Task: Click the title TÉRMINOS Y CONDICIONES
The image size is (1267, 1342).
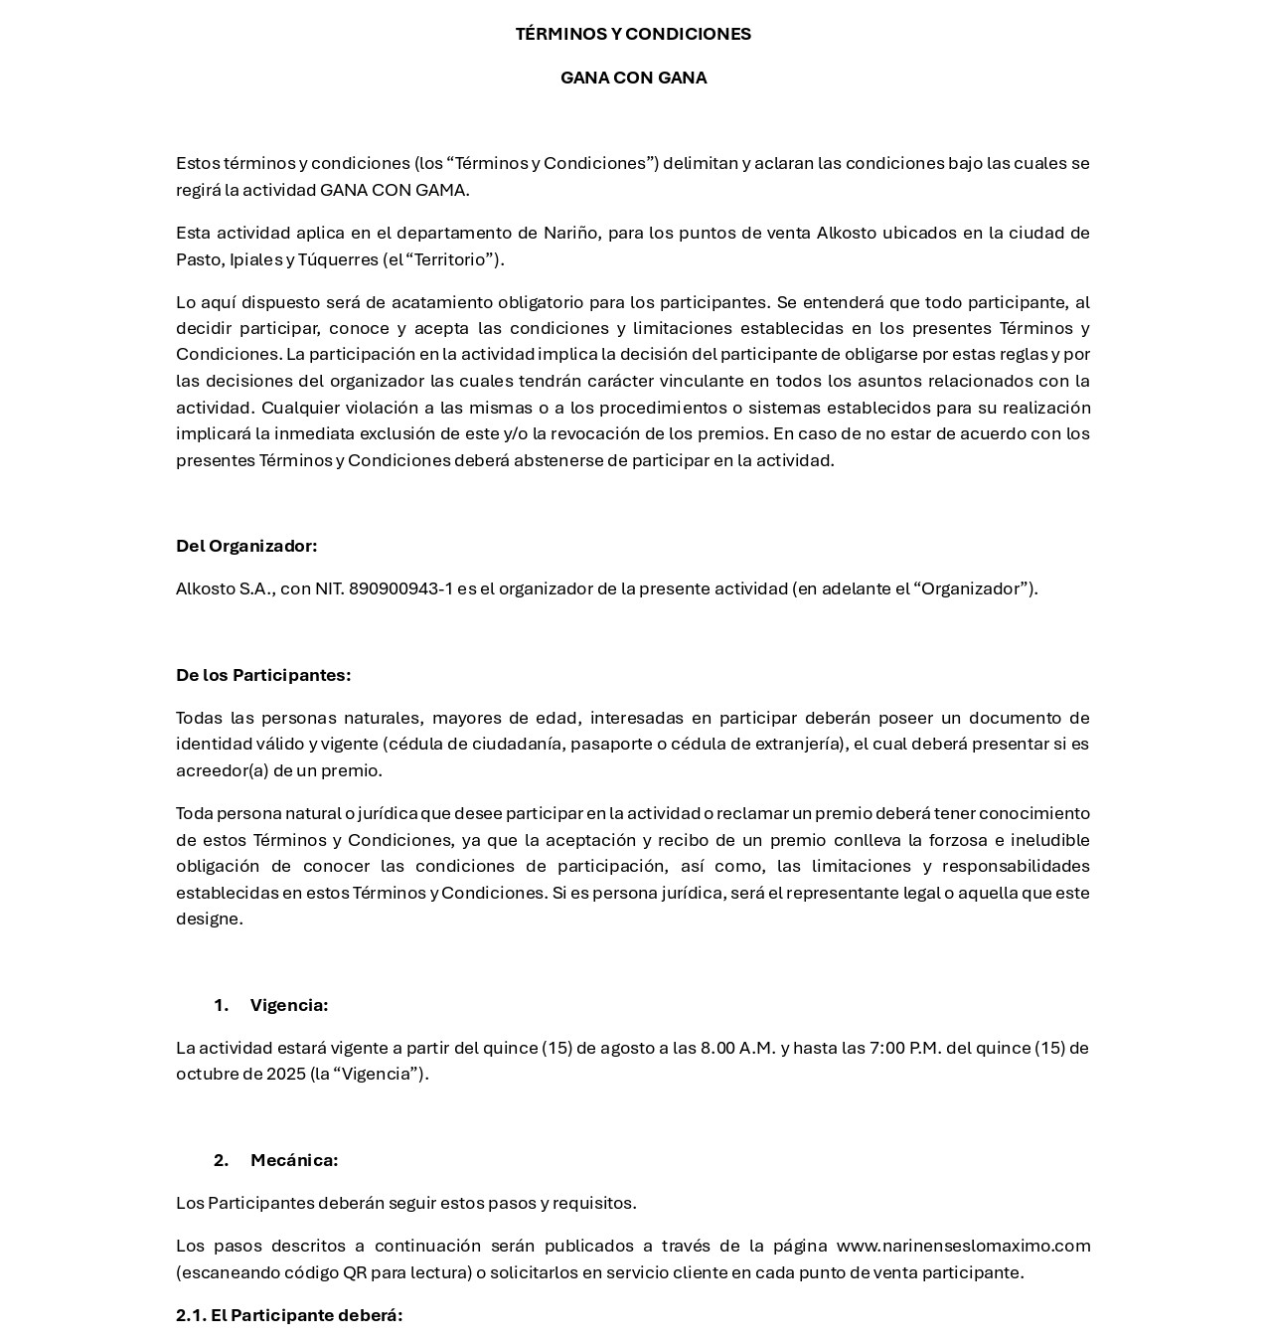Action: (633, 34)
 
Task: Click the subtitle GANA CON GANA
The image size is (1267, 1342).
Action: (633, 78)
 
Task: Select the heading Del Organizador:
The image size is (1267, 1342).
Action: (246, 546)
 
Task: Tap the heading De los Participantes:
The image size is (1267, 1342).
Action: (263, 675)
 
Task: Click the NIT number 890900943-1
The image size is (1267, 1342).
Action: (400, 588)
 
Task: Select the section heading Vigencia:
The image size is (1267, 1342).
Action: (289, 1005)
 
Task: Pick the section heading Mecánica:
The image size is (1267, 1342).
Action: (294, 1160)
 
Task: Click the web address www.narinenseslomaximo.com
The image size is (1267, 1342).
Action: (963, 1246)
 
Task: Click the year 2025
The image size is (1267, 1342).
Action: (286, 1074)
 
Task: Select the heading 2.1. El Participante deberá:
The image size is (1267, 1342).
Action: (289, 1315)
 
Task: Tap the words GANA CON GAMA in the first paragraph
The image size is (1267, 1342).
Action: (394, 190)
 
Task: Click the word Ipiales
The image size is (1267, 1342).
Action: (256, 259)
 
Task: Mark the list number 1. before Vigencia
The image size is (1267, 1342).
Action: (221, 1005)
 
